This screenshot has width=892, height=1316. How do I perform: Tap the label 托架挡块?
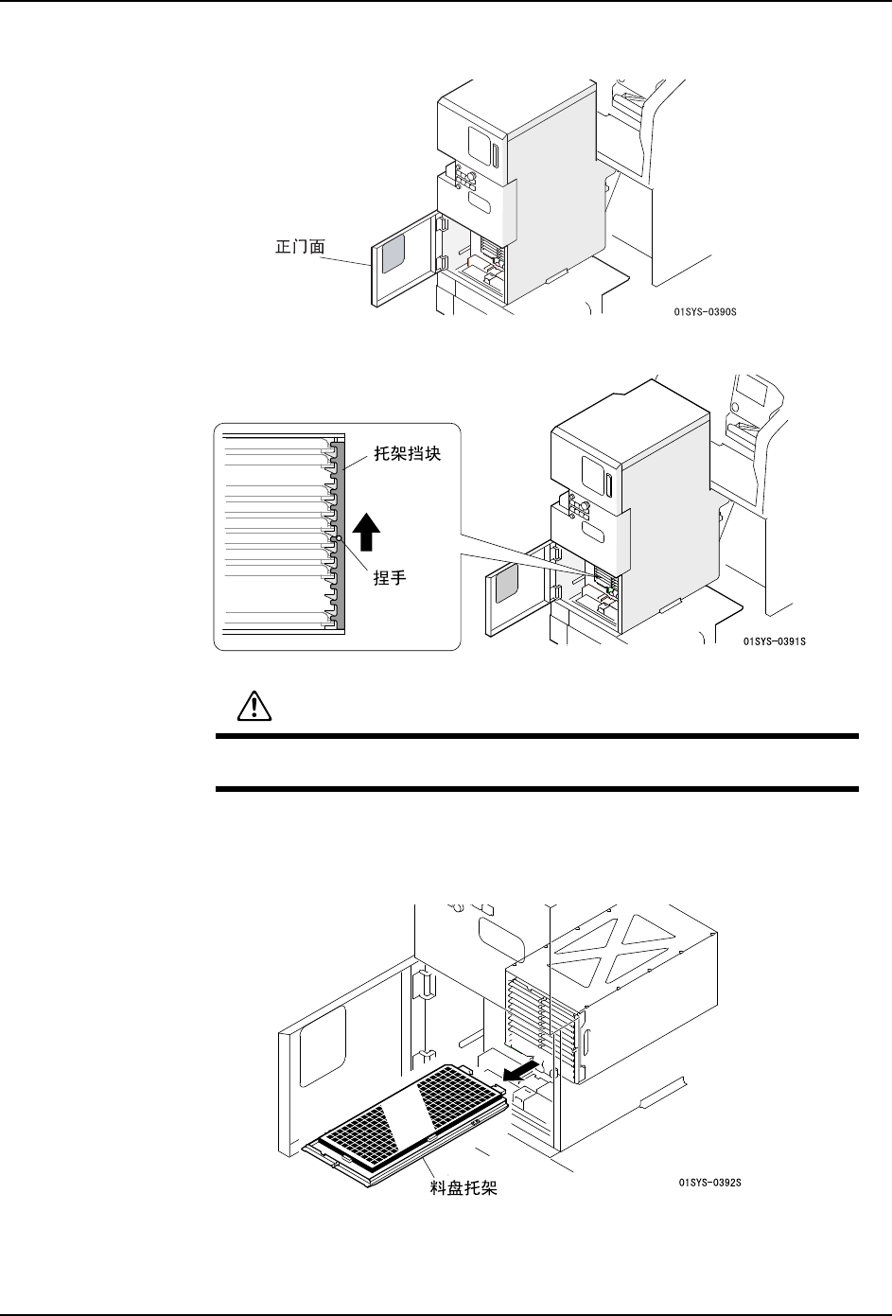coord(405,453)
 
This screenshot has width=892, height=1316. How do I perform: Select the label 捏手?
coord(389,577)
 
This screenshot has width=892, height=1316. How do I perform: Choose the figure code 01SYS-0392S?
coord(709,1182)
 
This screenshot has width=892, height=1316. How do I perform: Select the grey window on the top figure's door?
coord(393,254)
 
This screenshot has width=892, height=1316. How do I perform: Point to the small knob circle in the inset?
coord(340,540)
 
